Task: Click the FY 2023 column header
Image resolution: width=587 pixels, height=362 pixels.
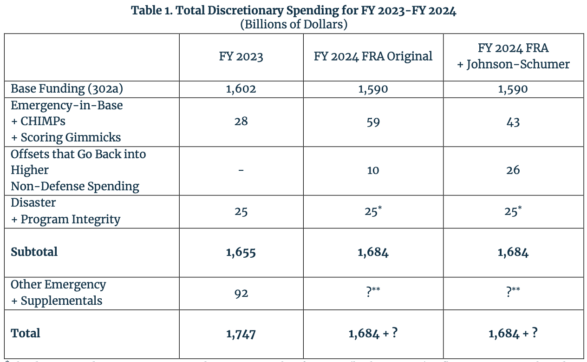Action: (241, 57)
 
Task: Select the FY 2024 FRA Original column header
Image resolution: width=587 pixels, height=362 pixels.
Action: (373, 57)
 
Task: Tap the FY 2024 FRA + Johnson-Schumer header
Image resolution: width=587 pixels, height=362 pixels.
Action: (513, 56)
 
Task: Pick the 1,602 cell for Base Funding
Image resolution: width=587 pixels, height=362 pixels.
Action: (241, 89)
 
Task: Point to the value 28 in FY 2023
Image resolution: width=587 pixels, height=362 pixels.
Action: (241, 121)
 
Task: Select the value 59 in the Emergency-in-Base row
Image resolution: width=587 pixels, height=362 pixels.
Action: (373, 122)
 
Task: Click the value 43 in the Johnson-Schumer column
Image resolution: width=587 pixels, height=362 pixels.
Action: (513, 122)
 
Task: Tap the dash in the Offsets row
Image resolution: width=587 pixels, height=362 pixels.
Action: (241, 170)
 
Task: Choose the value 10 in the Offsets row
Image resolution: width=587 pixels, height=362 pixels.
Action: (373, 170)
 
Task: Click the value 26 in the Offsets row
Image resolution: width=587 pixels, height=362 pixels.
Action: (513, 170)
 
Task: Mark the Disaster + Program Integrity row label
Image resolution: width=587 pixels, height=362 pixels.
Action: (65, 211)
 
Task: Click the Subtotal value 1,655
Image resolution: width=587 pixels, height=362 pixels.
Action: (241, 252)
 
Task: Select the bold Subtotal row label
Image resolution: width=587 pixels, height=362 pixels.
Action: (34, 252)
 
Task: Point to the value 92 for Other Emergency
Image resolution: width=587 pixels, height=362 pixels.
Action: (241, 293)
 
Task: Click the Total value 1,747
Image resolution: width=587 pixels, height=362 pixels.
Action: (241, 334)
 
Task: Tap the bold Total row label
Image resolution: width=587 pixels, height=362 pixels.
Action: (26, 333)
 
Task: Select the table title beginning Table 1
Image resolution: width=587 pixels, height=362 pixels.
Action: (293, 11)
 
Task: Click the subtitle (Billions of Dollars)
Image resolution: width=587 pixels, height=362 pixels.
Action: (293, 24)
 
